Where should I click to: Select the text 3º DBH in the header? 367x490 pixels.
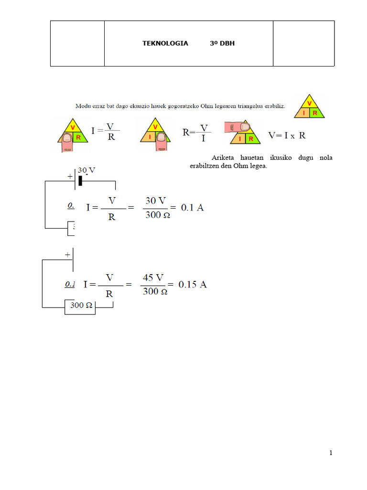tap(222, 44)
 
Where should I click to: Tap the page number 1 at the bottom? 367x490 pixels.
tap(330, 453)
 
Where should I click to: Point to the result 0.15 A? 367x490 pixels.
tap(193, 285)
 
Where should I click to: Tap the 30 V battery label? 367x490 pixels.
tap(87, 170)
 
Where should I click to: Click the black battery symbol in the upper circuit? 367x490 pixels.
tap(80, 180)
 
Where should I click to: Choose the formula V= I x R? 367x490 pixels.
tap(287, 135)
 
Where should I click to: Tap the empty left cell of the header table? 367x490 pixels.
tap(77, 44)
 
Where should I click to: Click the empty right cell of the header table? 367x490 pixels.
tap(303, 44)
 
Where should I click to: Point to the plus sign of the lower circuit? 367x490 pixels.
tap(67, 254)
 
